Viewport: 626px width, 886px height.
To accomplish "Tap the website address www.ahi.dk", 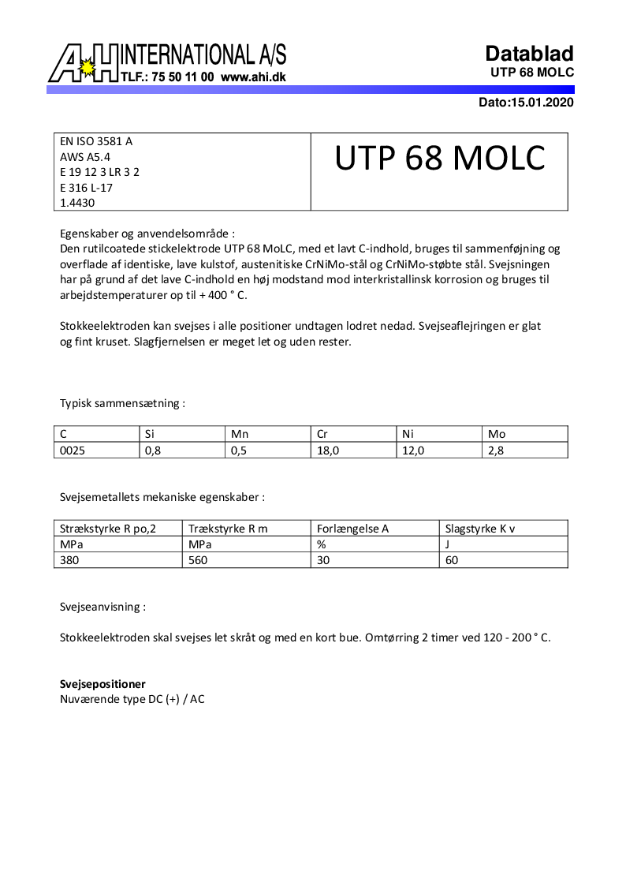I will pyautogui.click(x=253, y=77).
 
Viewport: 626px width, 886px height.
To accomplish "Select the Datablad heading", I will pyautogui.click(x=529, y=54).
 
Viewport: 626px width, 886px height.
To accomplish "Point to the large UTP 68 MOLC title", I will pyautogui.click(x=439, y=159).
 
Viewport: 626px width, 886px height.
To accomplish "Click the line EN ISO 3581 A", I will pyautogui.click(x=96, y=141).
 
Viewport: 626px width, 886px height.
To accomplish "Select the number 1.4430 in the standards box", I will pyautogui.click(x=76, y=202).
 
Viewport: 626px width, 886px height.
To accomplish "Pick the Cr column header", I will pyautogui.click(x=322, y=434).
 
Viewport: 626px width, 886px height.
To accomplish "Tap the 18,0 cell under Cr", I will pyautogui.click(x=327, y=450).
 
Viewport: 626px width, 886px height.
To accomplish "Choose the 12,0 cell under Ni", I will pyautogui.click(x=413, y=450).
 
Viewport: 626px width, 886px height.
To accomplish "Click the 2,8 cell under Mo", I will pyautogui.click(x=497, y=450).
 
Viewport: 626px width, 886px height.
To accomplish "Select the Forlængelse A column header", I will pyautogui.click(x=352, y=529).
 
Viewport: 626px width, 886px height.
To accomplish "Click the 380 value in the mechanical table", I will pyautogui.click(x=69, y=560).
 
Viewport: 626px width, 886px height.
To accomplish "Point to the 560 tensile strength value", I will pyautogui.click(x=198, y=560).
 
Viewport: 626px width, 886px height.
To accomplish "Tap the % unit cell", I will pyautogui.click(x=321, y=544).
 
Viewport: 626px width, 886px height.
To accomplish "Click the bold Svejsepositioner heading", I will pyautogui.click(x=102, y=684).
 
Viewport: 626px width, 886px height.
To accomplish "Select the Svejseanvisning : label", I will pyautogui.click(x=102, y=607).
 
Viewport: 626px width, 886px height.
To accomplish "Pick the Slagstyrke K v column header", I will pyautogui.click(x=480, y=529).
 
